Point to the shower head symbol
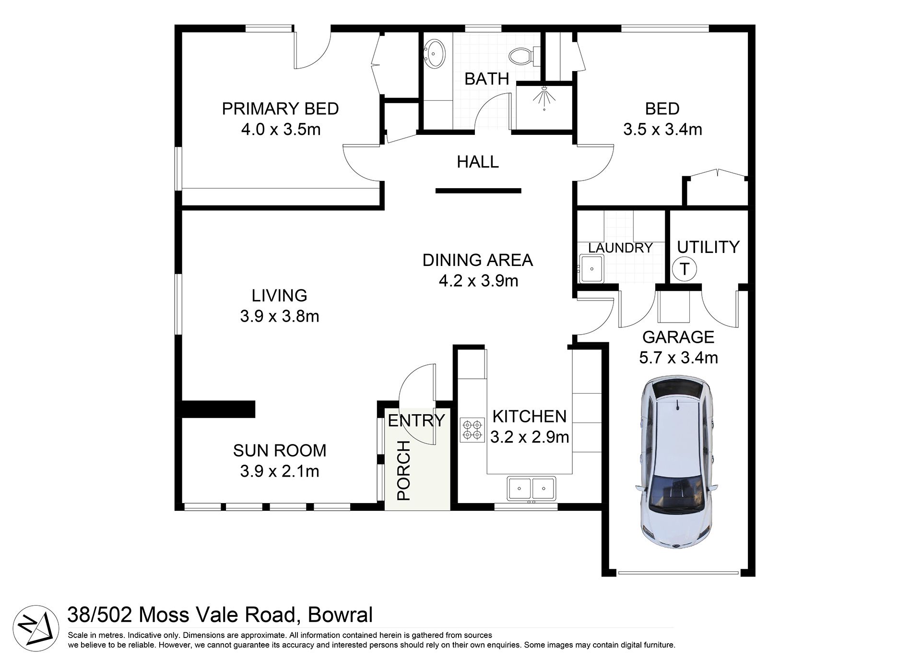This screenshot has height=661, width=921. pos(544,98)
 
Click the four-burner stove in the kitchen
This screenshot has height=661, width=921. pos(472,430)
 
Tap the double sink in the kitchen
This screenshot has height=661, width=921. pos(532,488)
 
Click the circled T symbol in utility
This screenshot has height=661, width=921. pos(685,269)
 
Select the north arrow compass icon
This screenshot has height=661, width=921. pos(35,627)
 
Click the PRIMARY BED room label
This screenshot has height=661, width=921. pos(280,109)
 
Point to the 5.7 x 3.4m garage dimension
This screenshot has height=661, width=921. pos(678,358)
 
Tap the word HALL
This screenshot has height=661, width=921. pos(478,162)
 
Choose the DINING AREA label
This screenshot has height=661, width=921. pos(478,260)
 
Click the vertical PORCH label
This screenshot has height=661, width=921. pos(404,471)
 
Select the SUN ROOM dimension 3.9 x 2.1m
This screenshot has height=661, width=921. pos(280,471)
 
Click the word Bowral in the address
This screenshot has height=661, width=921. pos(340,615)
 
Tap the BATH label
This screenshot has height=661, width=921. pos(486,79)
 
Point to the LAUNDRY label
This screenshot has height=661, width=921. pos(620,248)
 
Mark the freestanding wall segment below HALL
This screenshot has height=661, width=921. pos(478,191)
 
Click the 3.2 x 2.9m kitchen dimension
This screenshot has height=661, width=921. pos(530,437)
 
